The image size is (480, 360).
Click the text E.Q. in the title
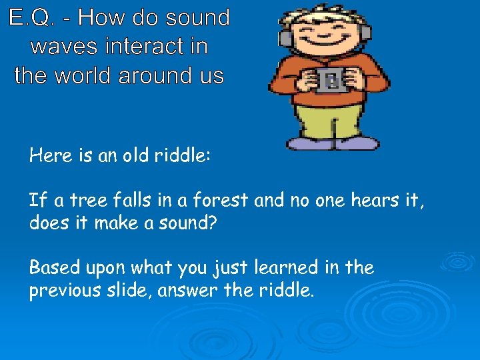click(31, 18)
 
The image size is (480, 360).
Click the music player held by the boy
click(331, 80)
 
